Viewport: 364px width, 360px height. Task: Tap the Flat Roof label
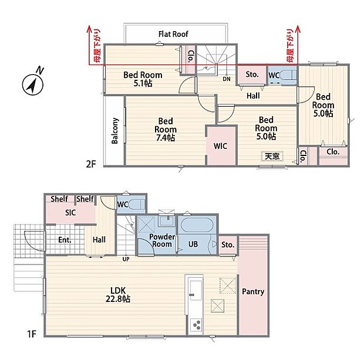pos(173,35)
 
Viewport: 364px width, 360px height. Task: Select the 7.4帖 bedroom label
pos(166,130)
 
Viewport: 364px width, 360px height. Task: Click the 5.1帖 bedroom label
pos(143,79)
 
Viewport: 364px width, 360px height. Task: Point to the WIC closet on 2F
pos(221,146)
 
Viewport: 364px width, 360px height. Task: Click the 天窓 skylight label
pos(272,156)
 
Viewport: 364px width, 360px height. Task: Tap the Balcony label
pos(115,131)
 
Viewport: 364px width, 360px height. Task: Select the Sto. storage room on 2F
pos(252,75)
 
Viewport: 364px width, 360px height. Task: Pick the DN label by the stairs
pos(227,79)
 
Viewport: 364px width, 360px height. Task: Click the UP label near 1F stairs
pos(126,259)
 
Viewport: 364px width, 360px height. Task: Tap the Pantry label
pos(253,291)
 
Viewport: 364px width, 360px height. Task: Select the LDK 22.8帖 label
pos(118,295)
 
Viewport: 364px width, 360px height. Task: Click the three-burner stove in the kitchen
pos(196,325)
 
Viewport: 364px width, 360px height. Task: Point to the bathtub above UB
pos(197,225)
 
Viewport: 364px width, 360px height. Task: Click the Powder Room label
pos(162,240)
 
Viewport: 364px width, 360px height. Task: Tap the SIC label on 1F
pos(70,213)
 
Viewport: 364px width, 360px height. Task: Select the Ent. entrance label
pos(65,240)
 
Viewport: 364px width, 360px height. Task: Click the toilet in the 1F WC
pos(137,205)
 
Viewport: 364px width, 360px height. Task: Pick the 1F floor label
pos(32,334)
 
